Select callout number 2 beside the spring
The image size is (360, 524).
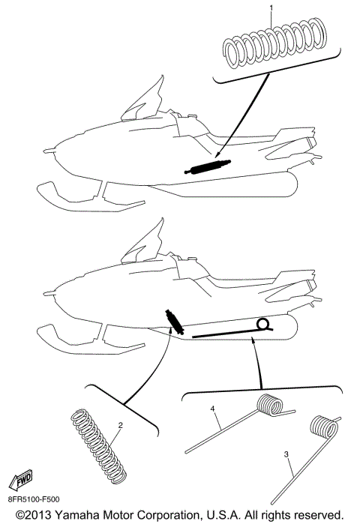120,426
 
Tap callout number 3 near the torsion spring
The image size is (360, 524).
287,455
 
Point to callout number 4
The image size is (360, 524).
213,409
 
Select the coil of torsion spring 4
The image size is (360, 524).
269,406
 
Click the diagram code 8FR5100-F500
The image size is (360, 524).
34,498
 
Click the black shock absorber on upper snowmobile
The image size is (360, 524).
207,167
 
